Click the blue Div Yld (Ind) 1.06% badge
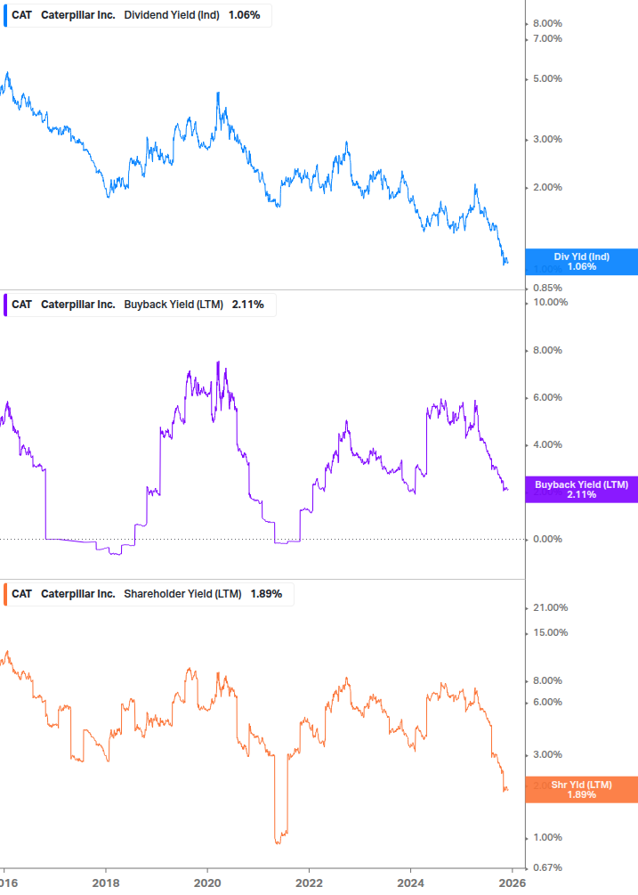(x=581, y=262)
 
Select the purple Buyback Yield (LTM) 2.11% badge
(x=581, y=489)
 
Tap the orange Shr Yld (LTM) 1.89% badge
(x=581, y=789)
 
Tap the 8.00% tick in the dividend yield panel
(x=547, y=23)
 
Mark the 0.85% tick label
(x=547, y=288)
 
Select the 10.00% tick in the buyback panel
(x=550, y=302)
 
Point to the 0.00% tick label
(x=547, y=539)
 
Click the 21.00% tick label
(x=550, y=607)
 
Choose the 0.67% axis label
(x=547, y=867)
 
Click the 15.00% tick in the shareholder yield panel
(x=550, y=632)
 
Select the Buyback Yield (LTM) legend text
(x=174, y=305)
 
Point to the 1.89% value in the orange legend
(x=266, y=594)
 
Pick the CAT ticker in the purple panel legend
(x=21, y=305)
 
